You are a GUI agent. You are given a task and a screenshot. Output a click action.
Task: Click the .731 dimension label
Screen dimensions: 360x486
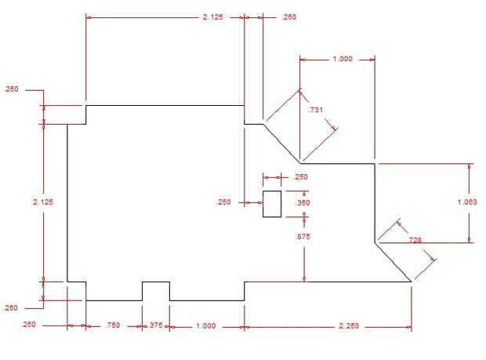(315, 111)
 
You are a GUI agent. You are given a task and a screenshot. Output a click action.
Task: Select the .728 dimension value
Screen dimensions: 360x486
(415, 240)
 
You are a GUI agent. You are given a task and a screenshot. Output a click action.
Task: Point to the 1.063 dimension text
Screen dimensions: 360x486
(466, 202)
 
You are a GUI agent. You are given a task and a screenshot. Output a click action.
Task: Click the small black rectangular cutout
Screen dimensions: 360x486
(271, 203)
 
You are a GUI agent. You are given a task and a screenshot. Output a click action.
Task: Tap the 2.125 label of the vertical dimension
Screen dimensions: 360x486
(43, 202)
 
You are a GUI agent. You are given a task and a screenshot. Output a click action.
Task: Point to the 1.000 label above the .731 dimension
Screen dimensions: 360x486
(343, 59)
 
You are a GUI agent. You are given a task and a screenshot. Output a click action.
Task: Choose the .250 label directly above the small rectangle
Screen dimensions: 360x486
(300, 176)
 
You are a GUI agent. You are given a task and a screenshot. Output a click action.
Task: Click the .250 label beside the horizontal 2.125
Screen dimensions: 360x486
(290, 16)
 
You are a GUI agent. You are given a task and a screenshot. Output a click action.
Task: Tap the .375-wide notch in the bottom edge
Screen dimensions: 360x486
(155, 289)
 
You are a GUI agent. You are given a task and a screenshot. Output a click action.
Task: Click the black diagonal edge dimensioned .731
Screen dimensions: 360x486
(281, 143)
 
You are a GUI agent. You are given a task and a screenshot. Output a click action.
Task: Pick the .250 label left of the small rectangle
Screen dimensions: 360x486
(224, 202)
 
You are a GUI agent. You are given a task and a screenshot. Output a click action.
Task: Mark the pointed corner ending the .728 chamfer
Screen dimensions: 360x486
(411, 281)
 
